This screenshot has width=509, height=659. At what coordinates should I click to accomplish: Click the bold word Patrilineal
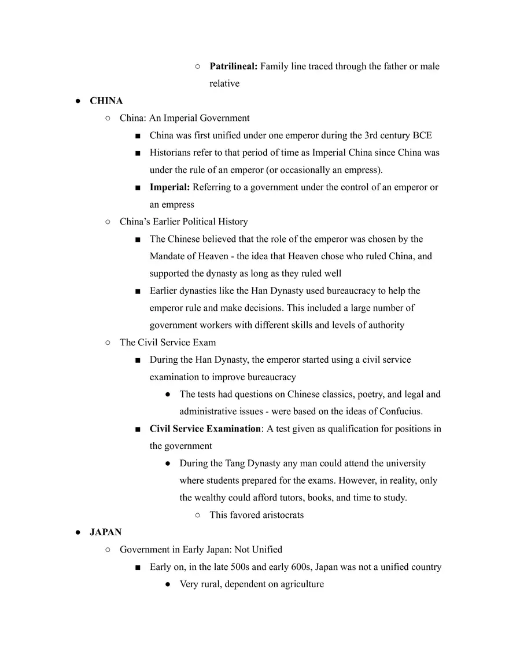click(233, 67)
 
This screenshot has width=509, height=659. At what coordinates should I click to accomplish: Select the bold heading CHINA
click(106, 101)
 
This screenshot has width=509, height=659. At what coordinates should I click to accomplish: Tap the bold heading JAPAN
click(105, 532)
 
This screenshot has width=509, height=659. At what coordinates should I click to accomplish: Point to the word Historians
click(172, 153)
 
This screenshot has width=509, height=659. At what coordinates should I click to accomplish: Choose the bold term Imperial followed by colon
click(170, 187)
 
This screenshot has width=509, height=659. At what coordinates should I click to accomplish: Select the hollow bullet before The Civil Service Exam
click(108, 343)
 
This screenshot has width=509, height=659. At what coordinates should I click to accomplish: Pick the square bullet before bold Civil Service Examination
click(138, 429)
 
